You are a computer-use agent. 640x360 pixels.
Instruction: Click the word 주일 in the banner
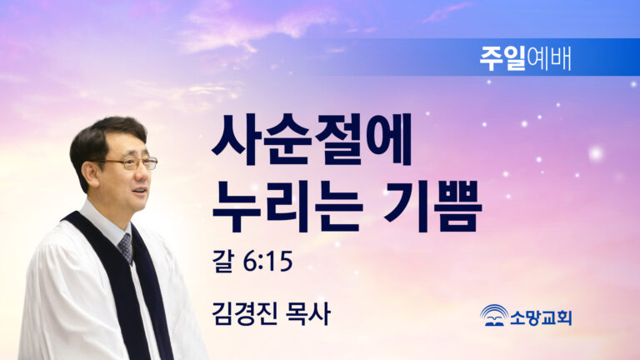coord(502,58)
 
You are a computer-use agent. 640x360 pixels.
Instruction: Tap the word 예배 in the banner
coord(548,58)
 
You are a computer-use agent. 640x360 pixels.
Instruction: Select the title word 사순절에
coord(312,140)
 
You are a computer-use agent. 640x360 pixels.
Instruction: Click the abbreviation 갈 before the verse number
coord(222,261)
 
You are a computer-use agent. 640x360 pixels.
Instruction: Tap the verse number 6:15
coord(267,261)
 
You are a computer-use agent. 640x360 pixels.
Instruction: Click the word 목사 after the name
coord(308,313)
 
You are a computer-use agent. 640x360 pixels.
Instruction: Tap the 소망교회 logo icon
coord(494,315)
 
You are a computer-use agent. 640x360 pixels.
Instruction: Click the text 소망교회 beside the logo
coord(541,317)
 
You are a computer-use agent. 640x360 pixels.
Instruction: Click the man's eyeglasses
coord(128,163)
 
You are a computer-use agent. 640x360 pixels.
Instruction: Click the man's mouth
coord(140,191)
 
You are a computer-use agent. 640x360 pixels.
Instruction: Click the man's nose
coord(143,173)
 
